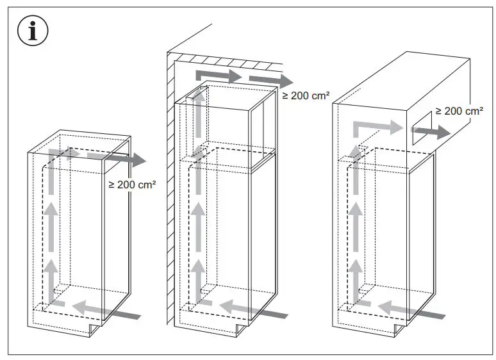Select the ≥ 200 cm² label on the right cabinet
point(459,111)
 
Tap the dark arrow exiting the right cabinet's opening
point(436,133)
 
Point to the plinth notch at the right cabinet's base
point(400,329)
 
